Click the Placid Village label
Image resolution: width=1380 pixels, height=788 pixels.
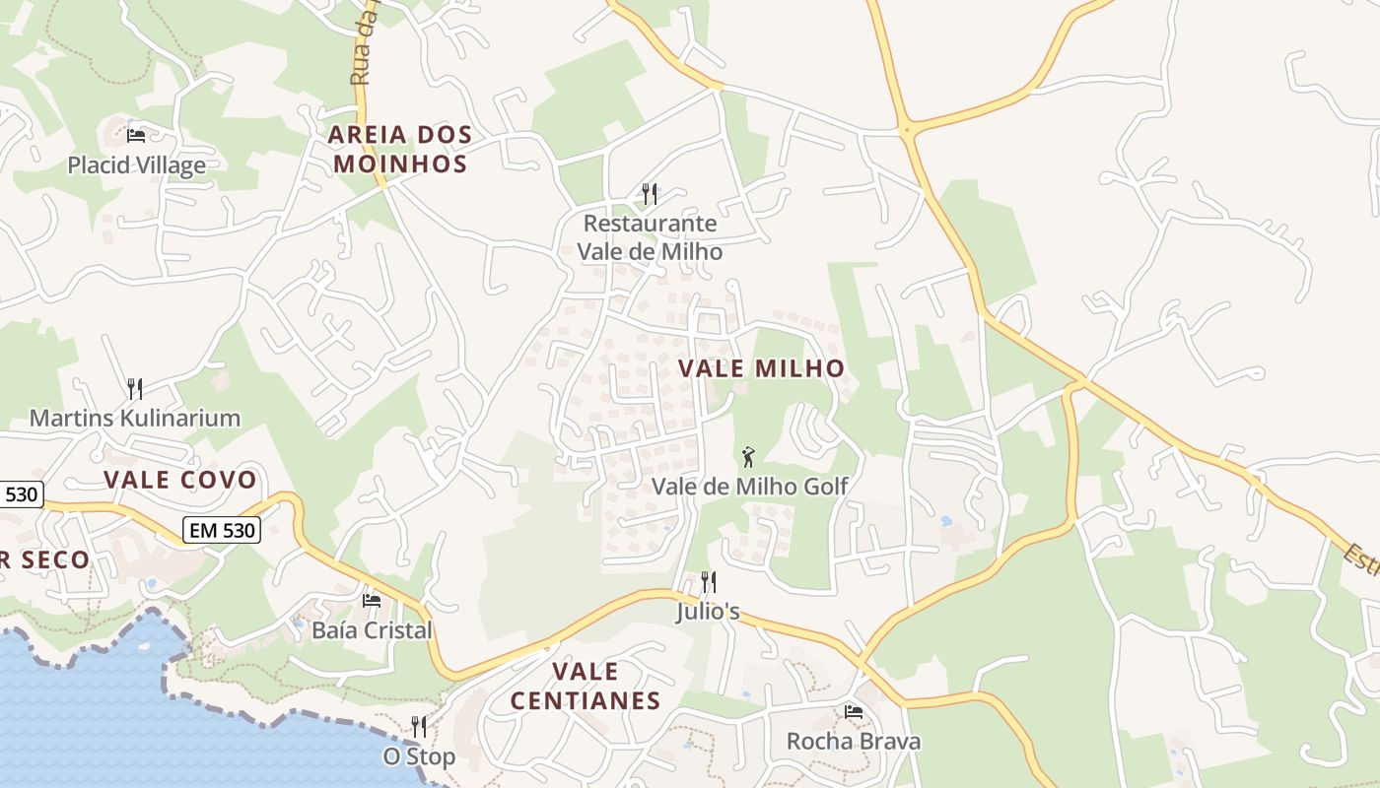pyautogui.click(x=136, y=164)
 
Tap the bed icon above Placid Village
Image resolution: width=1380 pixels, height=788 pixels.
pyautogui.click(x=136, y=135)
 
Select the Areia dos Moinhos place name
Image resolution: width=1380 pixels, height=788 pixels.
pyautogui.click(x=399, y=149)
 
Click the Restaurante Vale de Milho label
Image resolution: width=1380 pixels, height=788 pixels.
pyautogui.click(x=650, y=237)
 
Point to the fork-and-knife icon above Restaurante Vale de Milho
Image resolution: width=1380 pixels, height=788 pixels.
pyautogui.click(x=650, y=193)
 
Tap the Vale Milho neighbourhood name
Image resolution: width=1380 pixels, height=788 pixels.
pyautogui.click(x=761, y=368)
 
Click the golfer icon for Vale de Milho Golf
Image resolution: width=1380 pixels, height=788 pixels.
pyautogui.click(x=749, y=457)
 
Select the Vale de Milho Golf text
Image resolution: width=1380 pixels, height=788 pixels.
pyautogui.click(x=749, y=487)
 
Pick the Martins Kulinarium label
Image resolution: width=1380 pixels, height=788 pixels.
pyautogui.click(x=135, y=418)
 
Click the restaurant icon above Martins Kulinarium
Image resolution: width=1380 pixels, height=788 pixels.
pyautogui.click(x=135, y=388)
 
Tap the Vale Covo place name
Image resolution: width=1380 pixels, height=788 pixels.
pyautogui.click(x=180, y=481)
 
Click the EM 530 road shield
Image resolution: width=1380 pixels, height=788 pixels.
pyautogui.click(x=222, y=531)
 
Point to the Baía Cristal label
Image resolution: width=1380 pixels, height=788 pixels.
pyautogui.click(x=372, y=629)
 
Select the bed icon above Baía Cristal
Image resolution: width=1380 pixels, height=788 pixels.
pyautogui.click(x=372, y=600)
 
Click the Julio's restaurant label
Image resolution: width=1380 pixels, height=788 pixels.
pyautogui.click(x=708, y=612)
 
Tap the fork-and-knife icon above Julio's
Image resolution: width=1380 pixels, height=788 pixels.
pyautogui.click(x=708, y=582)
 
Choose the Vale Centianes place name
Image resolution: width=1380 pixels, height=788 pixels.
pyautogui.click(x=586, y=687)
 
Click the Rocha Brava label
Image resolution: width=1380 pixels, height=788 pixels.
pyautogui.click(x=854, y=741)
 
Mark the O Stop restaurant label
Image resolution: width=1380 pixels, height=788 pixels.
pyautogui.click(x=419, y=756)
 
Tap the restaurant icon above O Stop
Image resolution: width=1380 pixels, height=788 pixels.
pyautogui.click(x=419, y=727)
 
